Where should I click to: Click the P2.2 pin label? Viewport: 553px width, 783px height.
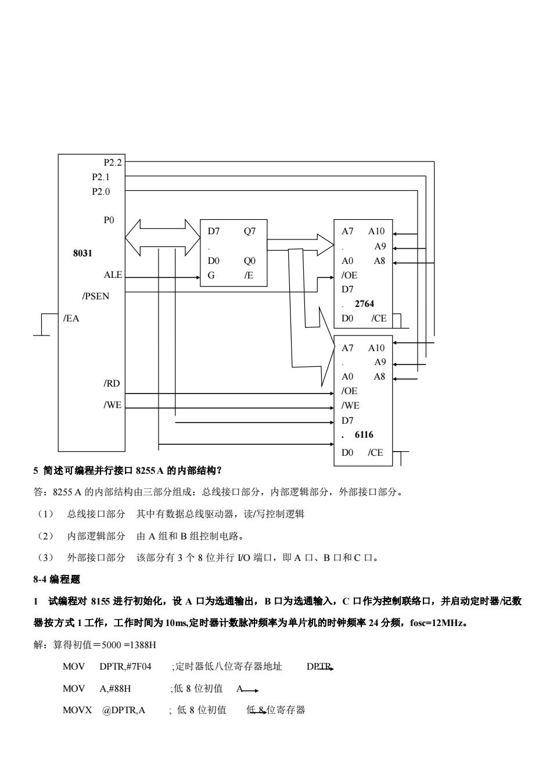pos(113,163)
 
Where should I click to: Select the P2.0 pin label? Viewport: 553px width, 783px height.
pos(100,192)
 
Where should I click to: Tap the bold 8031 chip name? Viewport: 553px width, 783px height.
pos(83,253)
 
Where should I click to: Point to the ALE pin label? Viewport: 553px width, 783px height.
pos(113,275)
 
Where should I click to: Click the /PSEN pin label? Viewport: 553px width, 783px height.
pos(96,296)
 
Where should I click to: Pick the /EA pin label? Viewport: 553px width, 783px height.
pos(71,318)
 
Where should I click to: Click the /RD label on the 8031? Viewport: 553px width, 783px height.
pos(112,384)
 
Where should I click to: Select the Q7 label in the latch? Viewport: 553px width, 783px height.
pos(249,231)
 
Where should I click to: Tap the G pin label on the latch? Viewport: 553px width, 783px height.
pos(211,276)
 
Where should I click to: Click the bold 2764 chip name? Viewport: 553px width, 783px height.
pos(364,304)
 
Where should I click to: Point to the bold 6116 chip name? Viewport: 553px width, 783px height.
pos(364,434)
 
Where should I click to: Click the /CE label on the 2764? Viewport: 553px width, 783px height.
pos(379,318)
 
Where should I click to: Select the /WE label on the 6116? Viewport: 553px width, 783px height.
pos(350,406)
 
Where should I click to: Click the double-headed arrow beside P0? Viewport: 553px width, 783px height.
pos(163,238)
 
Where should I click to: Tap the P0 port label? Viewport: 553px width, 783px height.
pos(109,220)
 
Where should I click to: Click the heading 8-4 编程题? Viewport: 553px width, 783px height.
pos(56,579)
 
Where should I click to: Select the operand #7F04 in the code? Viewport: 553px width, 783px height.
pos(139,666)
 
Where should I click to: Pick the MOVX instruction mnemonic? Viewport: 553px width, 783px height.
pos(77,710)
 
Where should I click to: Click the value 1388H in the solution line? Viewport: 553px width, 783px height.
pos(143,645)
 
